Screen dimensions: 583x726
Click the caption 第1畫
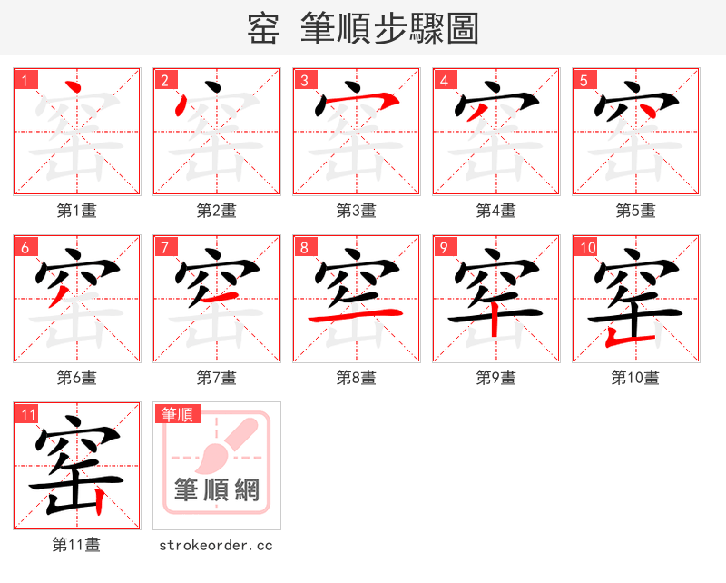tap(77, 211)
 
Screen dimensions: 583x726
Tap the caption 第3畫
tap(357, 211)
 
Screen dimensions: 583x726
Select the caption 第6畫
tap(77, 378)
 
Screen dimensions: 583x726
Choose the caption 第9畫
tap(496, 378)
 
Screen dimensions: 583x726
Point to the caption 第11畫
tap(77, 545)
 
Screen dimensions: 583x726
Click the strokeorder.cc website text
tap(216, 545)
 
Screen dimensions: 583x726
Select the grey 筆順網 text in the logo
tap(217, 489)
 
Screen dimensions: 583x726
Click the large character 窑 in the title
tap(264, 29)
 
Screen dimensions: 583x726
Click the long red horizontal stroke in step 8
tap(356, 315)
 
